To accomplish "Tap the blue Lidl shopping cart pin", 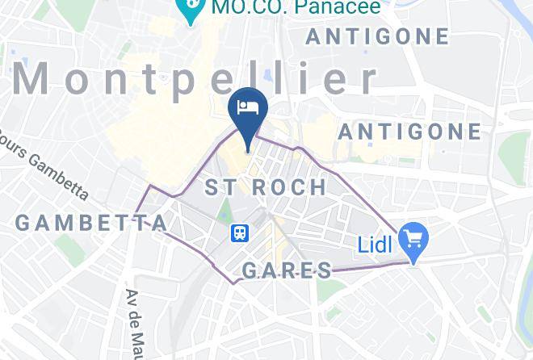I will tap(415, 240).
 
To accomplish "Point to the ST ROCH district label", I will tap(266, 188).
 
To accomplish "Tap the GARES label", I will tap(287, 270).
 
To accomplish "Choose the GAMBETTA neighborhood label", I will tap(91, 223).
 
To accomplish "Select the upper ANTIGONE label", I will tap(377, 36).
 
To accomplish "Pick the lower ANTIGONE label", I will tap(409, 132).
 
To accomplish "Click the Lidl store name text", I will tap(375, 242).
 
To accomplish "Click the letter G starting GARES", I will tap(251, 270).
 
